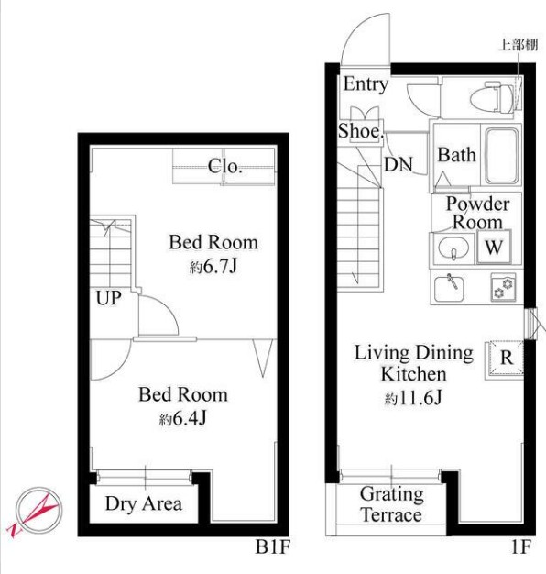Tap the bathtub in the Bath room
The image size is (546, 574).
pyautogui.click(x=502, y=156)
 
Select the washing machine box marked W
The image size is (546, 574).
pyautogui.click(x=494, y=247)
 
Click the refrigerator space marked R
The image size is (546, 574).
pyautogui.click(x=506, y=358)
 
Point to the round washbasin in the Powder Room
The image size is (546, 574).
pyautogui.click(x=453, y=248)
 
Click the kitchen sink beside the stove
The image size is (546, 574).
pyautogui.click(x=449, y=289)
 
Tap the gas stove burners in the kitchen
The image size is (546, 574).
pyautogui.click(x=503, y=287)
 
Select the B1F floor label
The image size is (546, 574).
pyautogui.click(x=272, y=546)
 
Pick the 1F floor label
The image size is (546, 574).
pyautogui.click(x=520, y=546)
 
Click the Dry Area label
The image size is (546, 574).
pyautogui.click(x=143, y=504)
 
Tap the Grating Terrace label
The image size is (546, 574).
pyautogui.click(x=392, y=504)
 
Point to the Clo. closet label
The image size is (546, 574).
pyautogui.click(x=225, y=167)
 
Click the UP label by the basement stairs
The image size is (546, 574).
pyautogui.click(x=109, y=298)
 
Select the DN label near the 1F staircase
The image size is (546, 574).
pyautogui.click(x=399, y=164)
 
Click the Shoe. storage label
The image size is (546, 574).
pyautogui.click(x=360, y=131)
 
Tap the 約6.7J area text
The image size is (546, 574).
pyautogui.click(x=213, y=267)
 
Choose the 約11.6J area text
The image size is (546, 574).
pyautogui.click(x=413, y=398)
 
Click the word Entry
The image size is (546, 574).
pyautogui.click(x=366, y=84)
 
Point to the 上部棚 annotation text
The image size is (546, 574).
pyautogui.click(x=519, y=45)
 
